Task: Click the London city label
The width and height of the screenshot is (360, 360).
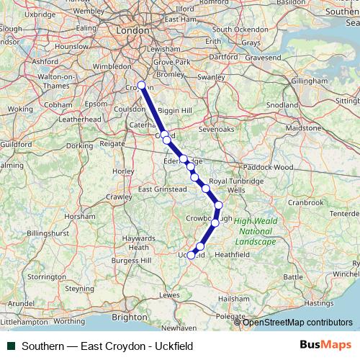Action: [x=132, y=31]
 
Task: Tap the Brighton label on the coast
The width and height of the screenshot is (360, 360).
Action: [x=129, y=316]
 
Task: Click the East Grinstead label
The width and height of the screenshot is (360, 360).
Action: [x=161, y=189]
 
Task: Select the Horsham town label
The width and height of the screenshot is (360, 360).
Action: [x=79, y=216]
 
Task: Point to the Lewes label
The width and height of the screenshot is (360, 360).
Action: [x=169, y=294]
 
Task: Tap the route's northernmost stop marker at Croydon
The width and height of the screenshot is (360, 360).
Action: [x=142, y=86]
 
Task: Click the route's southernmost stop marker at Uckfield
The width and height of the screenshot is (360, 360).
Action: [x=192, y=254]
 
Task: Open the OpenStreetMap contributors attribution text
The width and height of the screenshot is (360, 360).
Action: [x=297, y=322]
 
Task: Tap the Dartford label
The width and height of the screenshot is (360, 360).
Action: [x=224, y=55]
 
